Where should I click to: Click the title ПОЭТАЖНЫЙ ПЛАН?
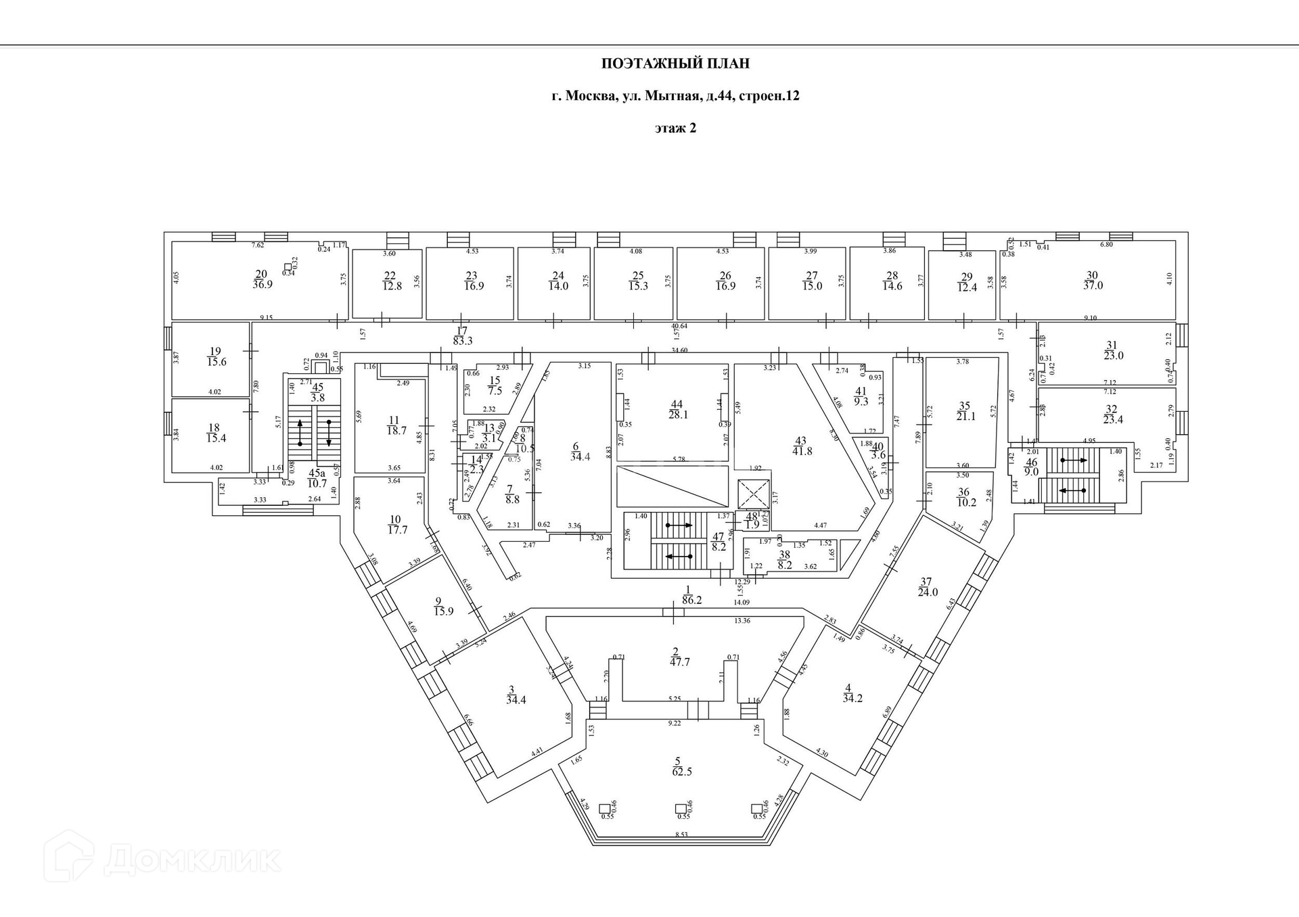click(x=675, y=64)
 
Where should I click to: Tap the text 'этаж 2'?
click(x=675, y=128)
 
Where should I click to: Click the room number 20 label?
click(x=261, y=274)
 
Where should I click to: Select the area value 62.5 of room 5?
click(x=683, y=772)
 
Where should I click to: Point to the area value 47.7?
click(x=679, y=662)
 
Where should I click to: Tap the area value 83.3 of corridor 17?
click(x=463, y=342)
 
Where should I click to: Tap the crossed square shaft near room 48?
click(x=754, y=493)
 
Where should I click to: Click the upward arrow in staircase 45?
click(x=300, y=430)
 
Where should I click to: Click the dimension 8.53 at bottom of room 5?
click(x=681, y=834)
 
